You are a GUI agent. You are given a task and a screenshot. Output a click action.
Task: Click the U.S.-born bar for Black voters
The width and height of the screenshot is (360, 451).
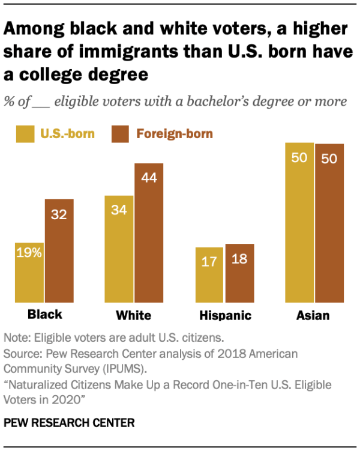[29, 273]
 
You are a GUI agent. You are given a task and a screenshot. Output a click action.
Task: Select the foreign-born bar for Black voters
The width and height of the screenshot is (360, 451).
[59, 251]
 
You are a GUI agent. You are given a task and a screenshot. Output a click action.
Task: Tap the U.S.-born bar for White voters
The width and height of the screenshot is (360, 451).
[119, 249]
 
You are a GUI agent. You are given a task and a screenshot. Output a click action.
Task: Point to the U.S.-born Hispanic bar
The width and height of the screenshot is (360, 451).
[209, 275]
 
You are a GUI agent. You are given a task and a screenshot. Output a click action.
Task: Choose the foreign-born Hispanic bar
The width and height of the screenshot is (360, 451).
[239, 273]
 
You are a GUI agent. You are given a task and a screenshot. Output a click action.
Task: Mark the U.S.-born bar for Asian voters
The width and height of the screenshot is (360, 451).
[299, 222]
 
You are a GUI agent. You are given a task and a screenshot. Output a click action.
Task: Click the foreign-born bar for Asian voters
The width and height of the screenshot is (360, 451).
[329, 222]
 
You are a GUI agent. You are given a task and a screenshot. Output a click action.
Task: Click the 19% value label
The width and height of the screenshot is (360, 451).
[29, 253]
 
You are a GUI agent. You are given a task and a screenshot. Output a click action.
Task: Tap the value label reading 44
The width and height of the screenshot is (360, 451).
[148, 178]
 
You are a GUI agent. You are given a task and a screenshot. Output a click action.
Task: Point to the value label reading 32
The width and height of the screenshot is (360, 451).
[59, 214]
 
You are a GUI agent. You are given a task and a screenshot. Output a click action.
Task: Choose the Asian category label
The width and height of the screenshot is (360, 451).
[313, 315]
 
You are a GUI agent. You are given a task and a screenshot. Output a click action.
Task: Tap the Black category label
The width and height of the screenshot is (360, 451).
[44, 315]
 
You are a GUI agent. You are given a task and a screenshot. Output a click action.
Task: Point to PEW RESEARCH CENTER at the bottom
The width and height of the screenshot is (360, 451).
[69, 423]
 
